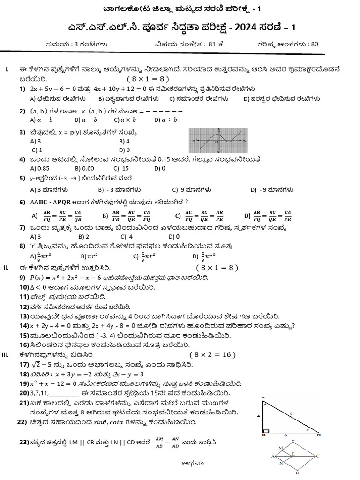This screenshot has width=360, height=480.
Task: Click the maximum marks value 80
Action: [x=314, y=45]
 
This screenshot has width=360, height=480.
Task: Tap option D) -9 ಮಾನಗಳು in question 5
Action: [x=272, y=190]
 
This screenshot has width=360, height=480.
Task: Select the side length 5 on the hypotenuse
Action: [x=291, y=413]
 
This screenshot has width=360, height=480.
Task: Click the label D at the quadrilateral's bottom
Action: [x=297, y=473]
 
